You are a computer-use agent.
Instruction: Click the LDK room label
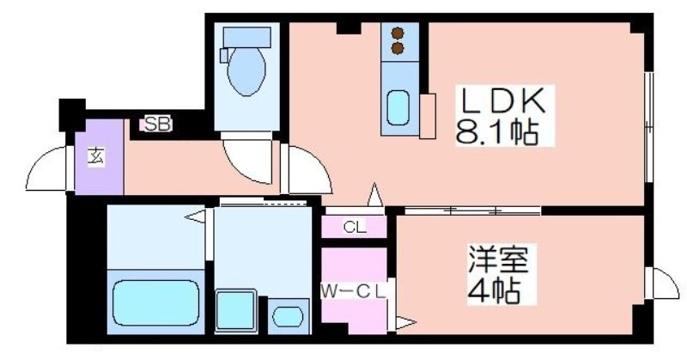coord(504,101)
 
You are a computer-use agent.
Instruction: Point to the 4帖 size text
coord(494,290)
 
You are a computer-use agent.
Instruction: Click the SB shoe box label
coord(157,125)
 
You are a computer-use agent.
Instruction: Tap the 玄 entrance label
coord(96,157)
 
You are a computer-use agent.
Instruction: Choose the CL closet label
coord(355,227)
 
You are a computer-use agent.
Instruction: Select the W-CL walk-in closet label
coord(353,290)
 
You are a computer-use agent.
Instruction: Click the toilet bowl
coord(246,70)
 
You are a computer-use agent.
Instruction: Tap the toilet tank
coord(246,37)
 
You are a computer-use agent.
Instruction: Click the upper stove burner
coord(398,34)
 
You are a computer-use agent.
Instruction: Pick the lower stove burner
coord(398,48)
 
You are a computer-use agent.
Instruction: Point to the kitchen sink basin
coord(398,108)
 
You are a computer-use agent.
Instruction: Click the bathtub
coord(156,302)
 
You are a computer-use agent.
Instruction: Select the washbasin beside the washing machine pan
coord(288,316)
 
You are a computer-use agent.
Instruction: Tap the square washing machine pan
coord(235,310)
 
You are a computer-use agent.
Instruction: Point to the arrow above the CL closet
coord(374,195)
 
